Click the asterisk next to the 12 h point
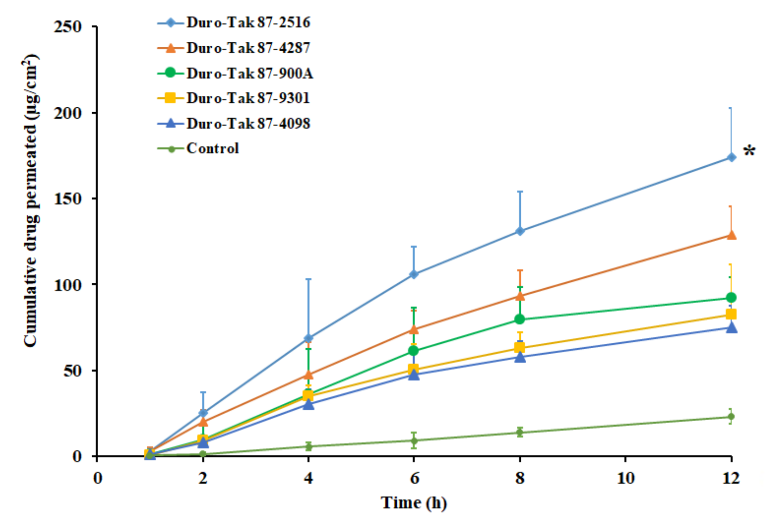tap(749, 151)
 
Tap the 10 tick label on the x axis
tap(626, 478)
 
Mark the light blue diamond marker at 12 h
tap(731, 157)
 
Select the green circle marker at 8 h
tap(519, 319)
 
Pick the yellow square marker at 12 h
tap(731, 314)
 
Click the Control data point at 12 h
tap(731, 416)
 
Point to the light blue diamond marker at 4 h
tap(308, 338)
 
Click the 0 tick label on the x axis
tap(97, 478)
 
